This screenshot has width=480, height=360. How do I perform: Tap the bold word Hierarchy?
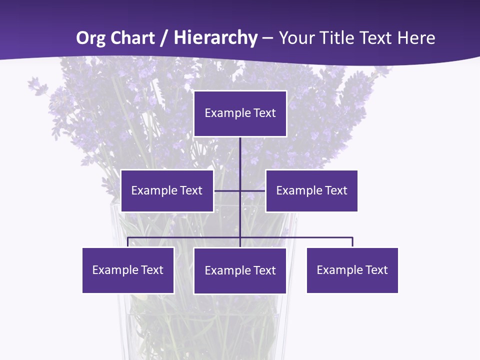[x=215, y=38]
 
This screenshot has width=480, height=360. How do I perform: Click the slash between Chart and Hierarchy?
[x=164, y=38]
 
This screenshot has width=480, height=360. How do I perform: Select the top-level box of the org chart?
[x=240, y=113]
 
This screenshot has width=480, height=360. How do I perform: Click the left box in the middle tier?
[x=167, y=190]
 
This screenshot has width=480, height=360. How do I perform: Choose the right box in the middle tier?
[x=311, y=190]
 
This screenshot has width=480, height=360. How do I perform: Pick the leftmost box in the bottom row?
[x=128, y=270]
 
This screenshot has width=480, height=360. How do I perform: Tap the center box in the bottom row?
[x=240, y=270]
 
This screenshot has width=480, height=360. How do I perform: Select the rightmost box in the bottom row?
[x=352, y=270]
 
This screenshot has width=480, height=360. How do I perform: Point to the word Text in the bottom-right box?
[x=376, y=270]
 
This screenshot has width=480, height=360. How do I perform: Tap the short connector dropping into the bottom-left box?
[x=128, y=242]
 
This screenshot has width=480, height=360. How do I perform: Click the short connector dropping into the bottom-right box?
[x=352, y=242]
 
